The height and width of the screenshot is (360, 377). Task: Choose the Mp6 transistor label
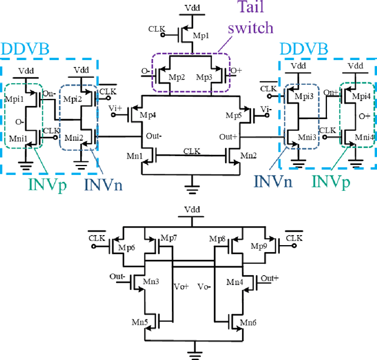(x=128, y=247)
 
